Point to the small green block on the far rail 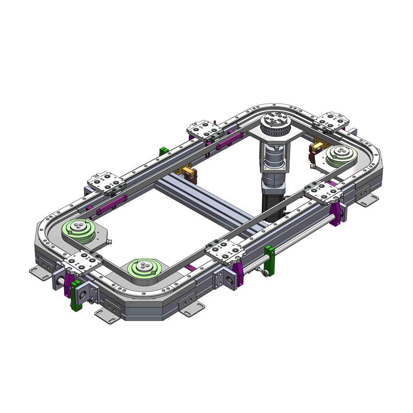pyautogui.click(x=163, y=150)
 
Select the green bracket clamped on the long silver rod pyautogui.click(x=269, y=260)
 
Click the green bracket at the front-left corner pyautogui.click(x=76, y=295)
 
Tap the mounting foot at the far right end pyautogui.click(x=368, y=198)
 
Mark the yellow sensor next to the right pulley pyautogui.click(x=315, y=153)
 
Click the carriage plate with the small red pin pyautogui.click(x=205, y=130)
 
